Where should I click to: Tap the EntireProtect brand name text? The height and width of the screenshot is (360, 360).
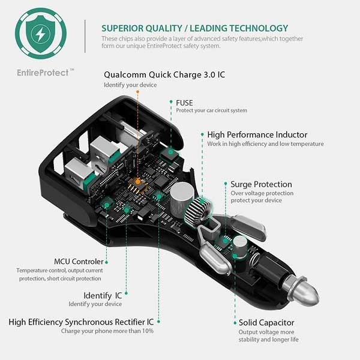41,72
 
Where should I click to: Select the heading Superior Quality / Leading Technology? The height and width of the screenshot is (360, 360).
194,28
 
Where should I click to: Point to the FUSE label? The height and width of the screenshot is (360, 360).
184,103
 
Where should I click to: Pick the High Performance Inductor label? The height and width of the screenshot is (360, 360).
257,135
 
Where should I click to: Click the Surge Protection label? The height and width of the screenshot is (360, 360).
261,184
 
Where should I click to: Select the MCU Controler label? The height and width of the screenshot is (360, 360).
79,262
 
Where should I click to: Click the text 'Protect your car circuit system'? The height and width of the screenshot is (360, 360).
211,110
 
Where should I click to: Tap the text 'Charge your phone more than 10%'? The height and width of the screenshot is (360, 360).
107,331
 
